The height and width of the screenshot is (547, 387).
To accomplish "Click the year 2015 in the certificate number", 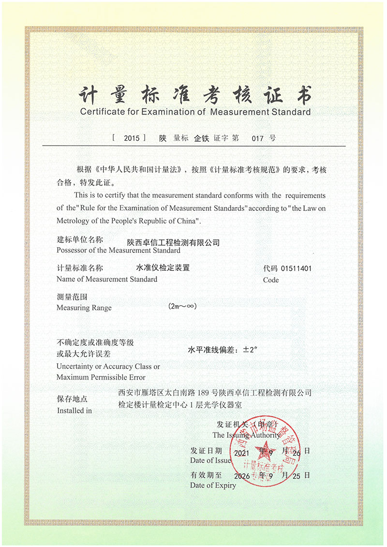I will click(x=132, y=138).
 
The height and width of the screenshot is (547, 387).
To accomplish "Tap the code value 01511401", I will click(x=297, y=267).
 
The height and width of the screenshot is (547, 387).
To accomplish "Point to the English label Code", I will click(x=271, y=280).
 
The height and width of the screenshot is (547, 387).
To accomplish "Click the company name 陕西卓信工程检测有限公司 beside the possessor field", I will click(x=173, y=242).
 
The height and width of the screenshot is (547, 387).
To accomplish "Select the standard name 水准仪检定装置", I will click(x=163, y=267).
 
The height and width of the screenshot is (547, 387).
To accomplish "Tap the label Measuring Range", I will click(x=84, y=308).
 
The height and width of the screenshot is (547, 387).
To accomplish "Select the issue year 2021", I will click(x=241, y=453).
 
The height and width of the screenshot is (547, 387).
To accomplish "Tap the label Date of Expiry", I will click(x=213, y=485).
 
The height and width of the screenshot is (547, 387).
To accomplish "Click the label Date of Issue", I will click(x=210, y=460).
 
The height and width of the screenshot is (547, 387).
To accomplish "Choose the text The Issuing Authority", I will click(x=246, y=435).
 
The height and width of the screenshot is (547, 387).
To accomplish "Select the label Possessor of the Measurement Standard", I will click(x=118, y=251).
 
